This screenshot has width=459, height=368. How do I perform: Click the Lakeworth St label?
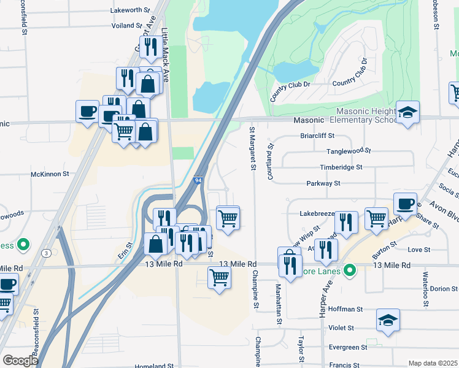pos(130,10)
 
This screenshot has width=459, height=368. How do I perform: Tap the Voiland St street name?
pos(127,26)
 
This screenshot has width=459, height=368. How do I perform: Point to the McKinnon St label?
pos(55,174)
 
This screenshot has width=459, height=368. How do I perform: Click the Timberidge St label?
pos(341,167)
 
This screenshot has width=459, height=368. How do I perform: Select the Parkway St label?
pos(323,183)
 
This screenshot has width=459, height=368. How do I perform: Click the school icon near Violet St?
pos(387,321)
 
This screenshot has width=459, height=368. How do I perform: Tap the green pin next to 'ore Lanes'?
pos(349,269)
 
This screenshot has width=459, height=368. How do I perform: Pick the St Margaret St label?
pos(252,149)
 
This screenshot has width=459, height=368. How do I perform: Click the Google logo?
pos(20,360)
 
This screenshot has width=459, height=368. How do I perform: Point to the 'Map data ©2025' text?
pos(432,363)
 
